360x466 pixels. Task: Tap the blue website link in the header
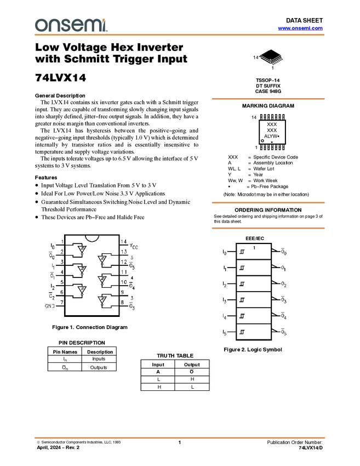(x=300, y=29)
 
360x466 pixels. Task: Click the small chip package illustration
(x=273, y=60)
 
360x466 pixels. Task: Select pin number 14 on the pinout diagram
(x=124, y=242)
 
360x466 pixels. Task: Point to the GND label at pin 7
(x=49, y=306)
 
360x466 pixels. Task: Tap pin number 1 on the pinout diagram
(x=62, y=242)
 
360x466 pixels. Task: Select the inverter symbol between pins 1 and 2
(x=82, y=250)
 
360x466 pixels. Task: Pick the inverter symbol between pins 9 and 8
(x=102, y=300)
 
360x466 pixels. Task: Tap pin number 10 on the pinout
(x=124, y=282)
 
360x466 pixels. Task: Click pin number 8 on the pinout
(x=122, y=302)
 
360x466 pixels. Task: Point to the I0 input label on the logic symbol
(x=225, y=252)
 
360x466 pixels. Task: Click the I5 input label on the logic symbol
(x=225, y=332)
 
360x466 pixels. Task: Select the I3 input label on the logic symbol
(x=225, y=300)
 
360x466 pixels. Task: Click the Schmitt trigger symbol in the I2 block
(x=242, y=284)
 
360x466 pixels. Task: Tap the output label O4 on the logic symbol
(x=283, y=316)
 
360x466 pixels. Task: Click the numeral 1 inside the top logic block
(x=254, y=248)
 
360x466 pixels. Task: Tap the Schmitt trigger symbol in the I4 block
(x=242, y=316)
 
